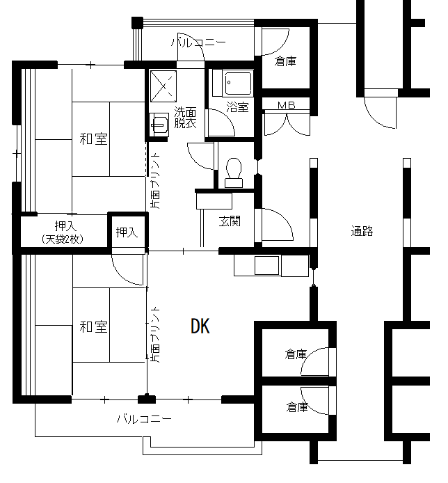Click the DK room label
(200, 326)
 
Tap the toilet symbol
(234, 173)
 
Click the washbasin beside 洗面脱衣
(159, 125)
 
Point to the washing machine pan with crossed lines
(163, 86)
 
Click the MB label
(287, 105)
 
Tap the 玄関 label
(230, 221)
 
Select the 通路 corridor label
(362, 231)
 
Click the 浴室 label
(237, 107)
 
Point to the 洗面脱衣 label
(185, 118)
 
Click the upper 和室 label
(93, 139)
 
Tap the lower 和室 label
(93, 327)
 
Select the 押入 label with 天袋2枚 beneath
(65, 226)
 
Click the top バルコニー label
(198, 42)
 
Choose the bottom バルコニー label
(144, 418)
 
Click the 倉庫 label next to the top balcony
(285, 62)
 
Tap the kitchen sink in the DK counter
(266, 265)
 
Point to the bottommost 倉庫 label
(297, 407)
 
